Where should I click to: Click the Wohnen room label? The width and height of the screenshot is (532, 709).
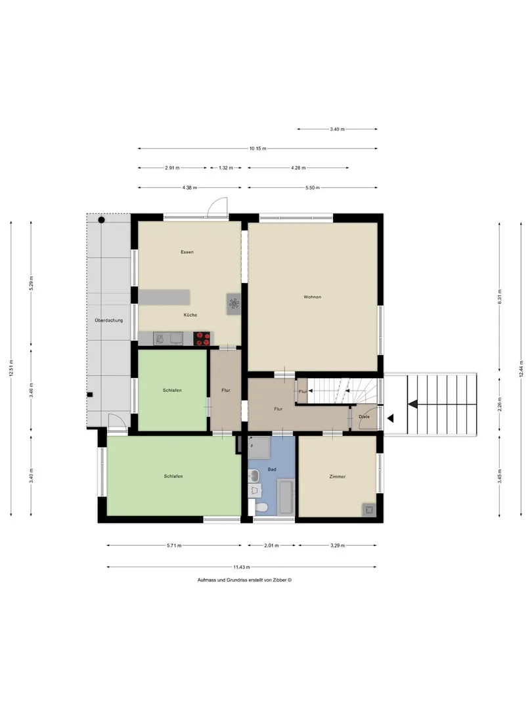[312, 297]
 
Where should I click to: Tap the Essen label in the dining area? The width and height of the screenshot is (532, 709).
[187, 252]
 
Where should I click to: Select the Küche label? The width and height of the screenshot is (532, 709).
[190, 314]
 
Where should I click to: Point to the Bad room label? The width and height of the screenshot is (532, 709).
[271, 469]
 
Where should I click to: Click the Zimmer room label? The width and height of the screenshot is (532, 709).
[338, 477]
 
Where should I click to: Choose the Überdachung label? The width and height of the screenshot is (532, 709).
[108, 320]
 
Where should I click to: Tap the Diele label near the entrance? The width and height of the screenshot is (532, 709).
[364, 416]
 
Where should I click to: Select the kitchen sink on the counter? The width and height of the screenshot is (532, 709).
[168, 338]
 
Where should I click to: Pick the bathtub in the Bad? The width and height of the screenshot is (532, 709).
[286, 498]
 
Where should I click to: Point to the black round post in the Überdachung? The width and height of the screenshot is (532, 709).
[101, 220]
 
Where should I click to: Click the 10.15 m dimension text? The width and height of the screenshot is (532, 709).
[258, 148]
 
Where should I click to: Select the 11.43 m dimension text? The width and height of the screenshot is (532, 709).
[242, 567]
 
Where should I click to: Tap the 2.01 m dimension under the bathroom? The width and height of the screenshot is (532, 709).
[271, 546]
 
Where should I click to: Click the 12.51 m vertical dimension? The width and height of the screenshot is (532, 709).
[11, 368]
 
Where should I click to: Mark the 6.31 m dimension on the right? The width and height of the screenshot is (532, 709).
[499, 296]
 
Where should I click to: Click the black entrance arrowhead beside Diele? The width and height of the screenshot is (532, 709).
[390, 419]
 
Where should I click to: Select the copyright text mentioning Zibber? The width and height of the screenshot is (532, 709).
[244, 580]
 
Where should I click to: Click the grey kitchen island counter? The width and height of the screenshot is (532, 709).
[164, 297]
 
